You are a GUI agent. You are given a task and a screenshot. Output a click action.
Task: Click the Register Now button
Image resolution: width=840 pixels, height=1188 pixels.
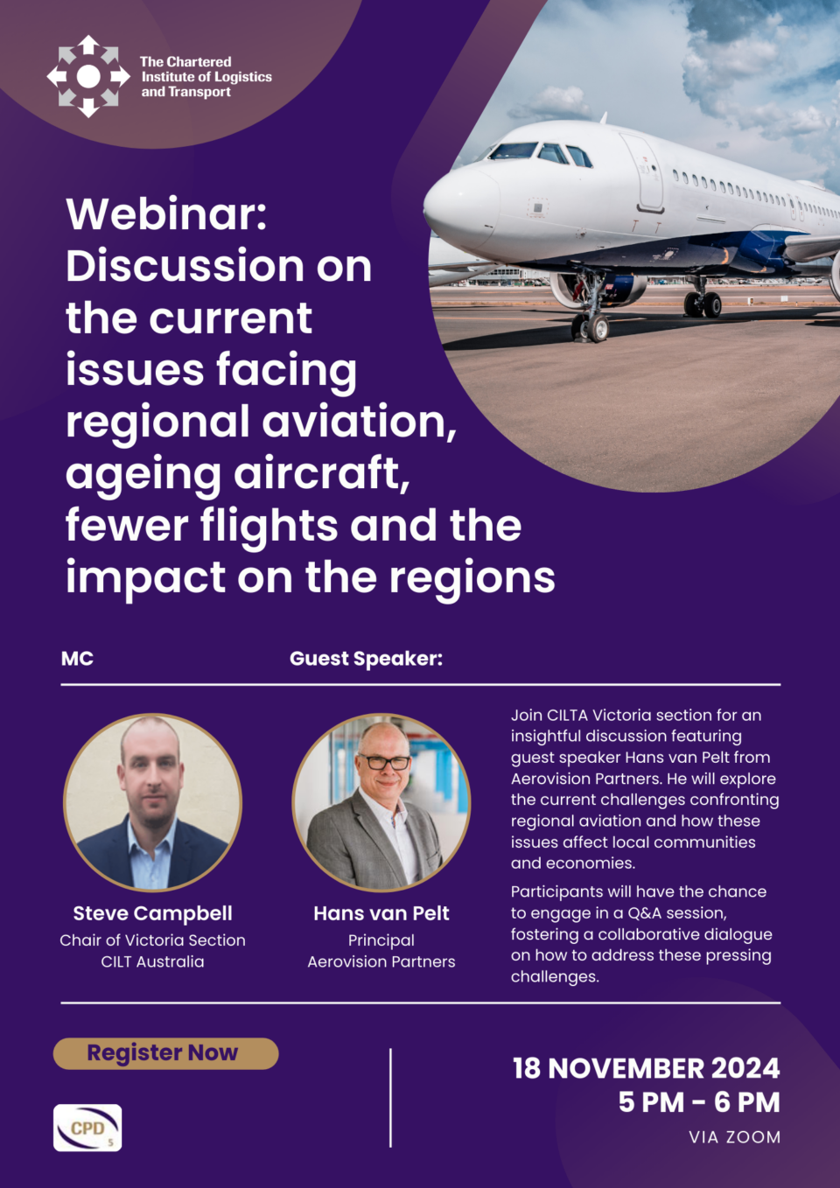click(165, 1053)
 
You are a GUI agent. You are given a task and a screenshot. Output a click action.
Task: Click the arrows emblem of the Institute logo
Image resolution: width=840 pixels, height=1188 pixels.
click(88, 76)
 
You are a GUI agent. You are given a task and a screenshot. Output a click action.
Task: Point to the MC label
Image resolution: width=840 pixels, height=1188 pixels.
click(77, 659)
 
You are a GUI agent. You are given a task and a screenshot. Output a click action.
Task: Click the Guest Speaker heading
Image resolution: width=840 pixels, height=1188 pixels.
click(366, 659)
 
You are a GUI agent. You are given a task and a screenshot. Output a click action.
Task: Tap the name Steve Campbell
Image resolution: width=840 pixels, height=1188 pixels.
click(153, 913)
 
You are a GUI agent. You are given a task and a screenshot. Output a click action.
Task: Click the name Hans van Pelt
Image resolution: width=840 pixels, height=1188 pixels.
click(381, 913)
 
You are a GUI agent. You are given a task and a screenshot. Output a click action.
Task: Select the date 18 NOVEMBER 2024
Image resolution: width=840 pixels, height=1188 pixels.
click(647, 1068)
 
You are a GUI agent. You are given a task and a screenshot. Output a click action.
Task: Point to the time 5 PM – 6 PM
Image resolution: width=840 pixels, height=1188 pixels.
click(699, 1102)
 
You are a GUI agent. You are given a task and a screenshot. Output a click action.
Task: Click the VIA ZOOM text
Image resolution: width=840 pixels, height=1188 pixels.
click(734, 1137)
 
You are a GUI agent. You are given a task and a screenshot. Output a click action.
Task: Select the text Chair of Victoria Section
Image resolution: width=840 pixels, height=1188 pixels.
click(153, 940)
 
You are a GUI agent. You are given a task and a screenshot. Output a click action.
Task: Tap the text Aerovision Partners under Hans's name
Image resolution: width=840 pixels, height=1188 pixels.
click(381, 961)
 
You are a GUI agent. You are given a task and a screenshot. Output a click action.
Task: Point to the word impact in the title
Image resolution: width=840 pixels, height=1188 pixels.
click(145, 578)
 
